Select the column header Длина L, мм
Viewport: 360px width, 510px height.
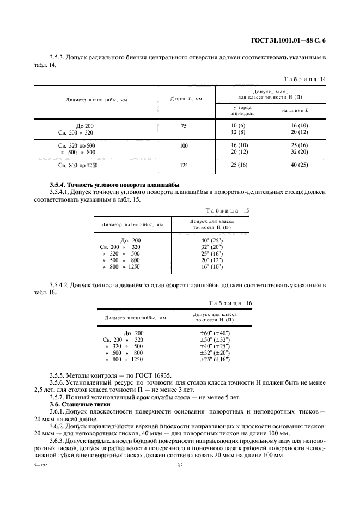pyautogui.click(x=186, y=99)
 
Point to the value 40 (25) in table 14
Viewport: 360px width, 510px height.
pyautogui.click(x=300, y=164)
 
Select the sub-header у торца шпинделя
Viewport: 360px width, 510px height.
pyautogui.click(x=242, y=112)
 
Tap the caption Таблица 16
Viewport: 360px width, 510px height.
pyautogui.click(x=230, y=303)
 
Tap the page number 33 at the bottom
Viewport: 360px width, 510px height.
pyautogui.click(x=180, y=465)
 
